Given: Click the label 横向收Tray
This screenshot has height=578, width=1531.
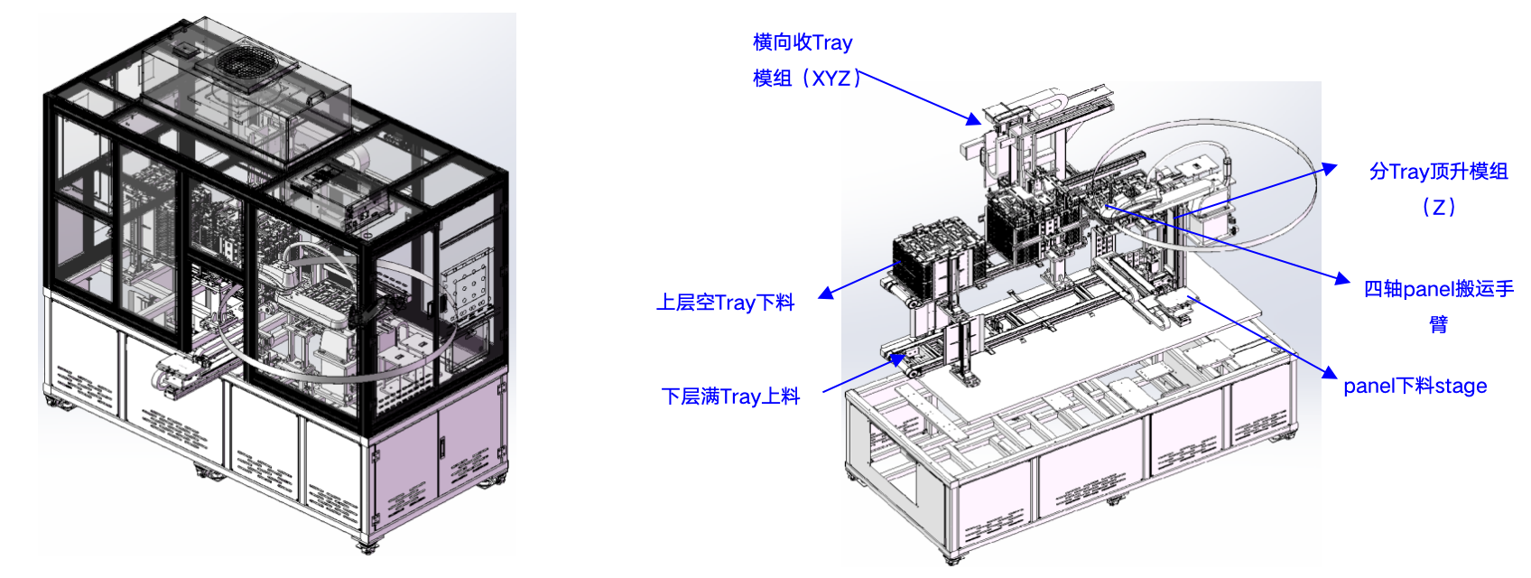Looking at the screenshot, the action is [803, 42].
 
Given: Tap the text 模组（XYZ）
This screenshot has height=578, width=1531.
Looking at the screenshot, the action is [806, 79].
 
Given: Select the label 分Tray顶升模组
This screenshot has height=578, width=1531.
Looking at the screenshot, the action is [1438, 171].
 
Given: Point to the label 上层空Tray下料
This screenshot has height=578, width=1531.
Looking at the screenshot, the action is [725, 303].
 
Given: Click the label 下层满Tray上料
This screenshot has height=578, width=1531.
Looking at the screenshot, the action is [730, 396].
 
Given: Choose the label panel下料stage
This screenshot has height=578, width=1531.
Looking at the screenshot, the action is [1415, 386].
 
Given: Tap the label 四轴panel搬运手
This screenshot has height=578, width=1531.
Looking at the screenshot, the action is [1439, 289].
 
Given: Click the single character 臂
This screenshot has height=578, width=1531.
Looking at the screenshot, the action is [1439, 324].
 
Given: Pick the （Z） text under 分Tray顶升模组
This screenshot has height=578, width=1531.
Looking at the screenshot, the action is [1439, 207].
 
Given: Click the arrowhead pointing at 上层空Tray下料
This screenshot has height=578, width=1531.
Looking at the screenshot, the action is [826, 293].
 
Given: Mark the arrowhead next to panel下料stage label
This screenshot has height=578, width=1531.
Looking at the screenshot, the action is [1330, 372].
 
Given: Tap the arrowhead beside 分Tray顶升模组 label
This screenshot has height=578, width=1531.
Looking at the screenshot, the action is [1330, 168].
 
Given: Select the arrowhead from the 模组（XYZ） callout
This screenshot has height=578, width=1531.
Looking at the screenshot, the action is [973, 119].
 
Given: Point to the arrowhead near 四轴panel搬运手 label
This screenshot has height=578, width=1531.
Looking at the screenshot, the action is [1342, 279].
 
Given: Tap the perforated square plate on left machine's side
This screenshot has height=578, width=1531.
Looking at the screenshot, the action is [468, 286].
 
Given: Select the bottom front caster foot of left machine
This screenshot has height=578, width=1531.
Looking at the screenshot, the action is [367, 546].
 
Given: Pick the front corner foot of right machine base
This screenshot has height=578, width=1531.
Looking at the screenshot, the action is [952, 558].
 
